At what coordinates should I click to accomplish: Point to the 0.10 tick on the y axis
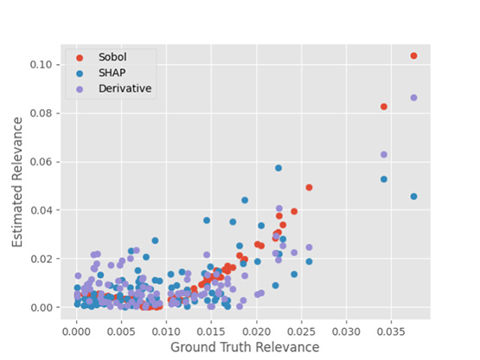(42, 65)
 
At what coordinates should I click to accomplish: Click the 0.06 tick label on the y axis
(42, 162)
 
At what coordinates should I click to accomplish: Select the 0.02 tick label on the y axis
(42, 259)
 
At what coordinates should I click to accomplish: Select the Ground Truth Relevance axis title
(245, 347)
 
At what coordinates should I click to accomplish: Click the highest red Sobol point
(413, 55)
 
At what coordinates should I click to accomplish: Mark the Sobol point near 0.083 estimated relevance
(384, 106)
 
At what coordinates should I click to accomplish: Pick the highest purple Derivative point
(413, 98)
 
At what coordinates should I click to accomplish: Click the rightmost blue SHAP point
(413, 196)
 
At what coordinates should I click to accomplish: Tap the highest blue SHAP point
(278, 168)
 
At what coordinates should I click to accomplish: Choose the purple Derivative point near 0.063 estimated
(384, 155)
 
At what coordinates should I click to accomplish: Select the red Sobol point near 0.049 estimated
(309, 188)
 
